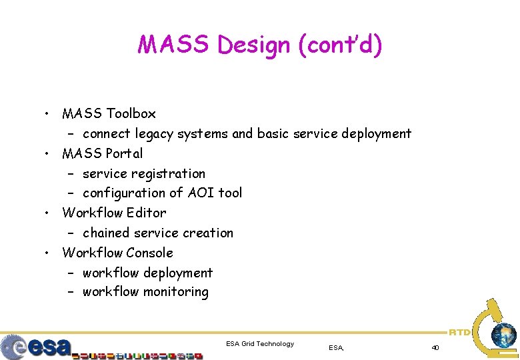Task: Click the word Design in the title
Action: [255, 46]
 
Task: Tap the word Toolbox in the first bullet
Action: [131, 114]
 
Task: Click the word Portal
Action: [125, 154]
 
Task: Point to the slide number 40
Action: [435, 347]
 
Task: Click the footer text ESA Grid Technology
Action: [260, 344]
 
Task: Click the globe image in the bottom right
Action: [503, 335]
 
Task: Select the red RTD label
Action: [459, 331]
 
